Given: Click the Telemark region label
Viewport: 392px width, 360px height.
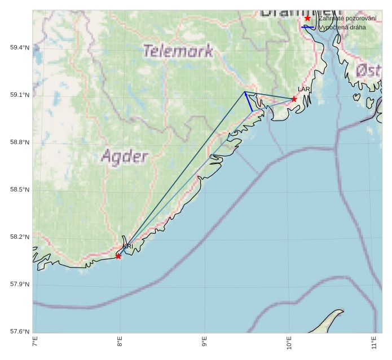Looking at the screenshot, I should [178, 51].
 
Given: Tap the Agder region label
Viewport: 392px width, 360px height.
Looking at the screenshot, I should [125, 156].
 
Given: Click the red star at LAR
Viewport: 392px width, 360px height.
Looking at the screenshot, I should [294, 99].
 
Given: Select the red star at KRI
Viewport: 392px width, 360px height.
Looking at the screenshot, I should [118, 256].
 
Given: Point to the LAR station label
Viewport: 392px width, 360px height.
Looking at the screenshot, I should [304, 90].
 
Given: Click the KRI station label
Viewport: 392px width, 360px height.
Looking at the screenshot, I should [128, 246].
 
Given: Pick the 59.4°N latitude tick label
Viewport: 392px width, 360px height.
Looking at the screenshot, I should [19, 48].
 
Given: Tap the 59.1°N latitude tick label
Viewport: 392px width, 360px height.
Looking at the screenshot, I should [19, 95].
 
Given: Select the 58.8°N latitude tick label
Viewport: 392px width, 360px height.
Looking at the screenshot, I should [19, 143].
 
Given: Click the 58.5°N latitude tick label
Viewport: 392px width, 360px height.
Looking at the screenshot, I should [19, 190].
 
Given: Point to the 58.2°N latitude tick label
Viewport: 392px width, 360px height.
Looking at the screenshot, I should [19, 237].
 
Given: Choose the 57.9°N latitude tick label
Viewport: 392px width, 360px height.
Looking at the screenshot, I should [19, 285].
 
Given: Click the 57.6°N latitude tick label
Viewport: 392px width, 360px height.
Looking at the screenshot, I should [19, 331].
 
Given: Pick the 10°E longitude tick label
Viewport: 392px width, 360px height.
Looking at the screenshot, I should [289, 343].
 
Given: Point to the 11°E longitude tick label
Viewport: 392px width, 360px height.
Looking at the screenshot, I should [374, 343].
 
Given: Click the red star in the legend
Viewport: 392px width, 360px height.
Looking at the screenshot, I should [307, 18].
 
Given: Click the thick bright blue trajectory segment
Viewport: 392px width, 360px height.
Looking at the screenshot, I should [248, 101].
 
